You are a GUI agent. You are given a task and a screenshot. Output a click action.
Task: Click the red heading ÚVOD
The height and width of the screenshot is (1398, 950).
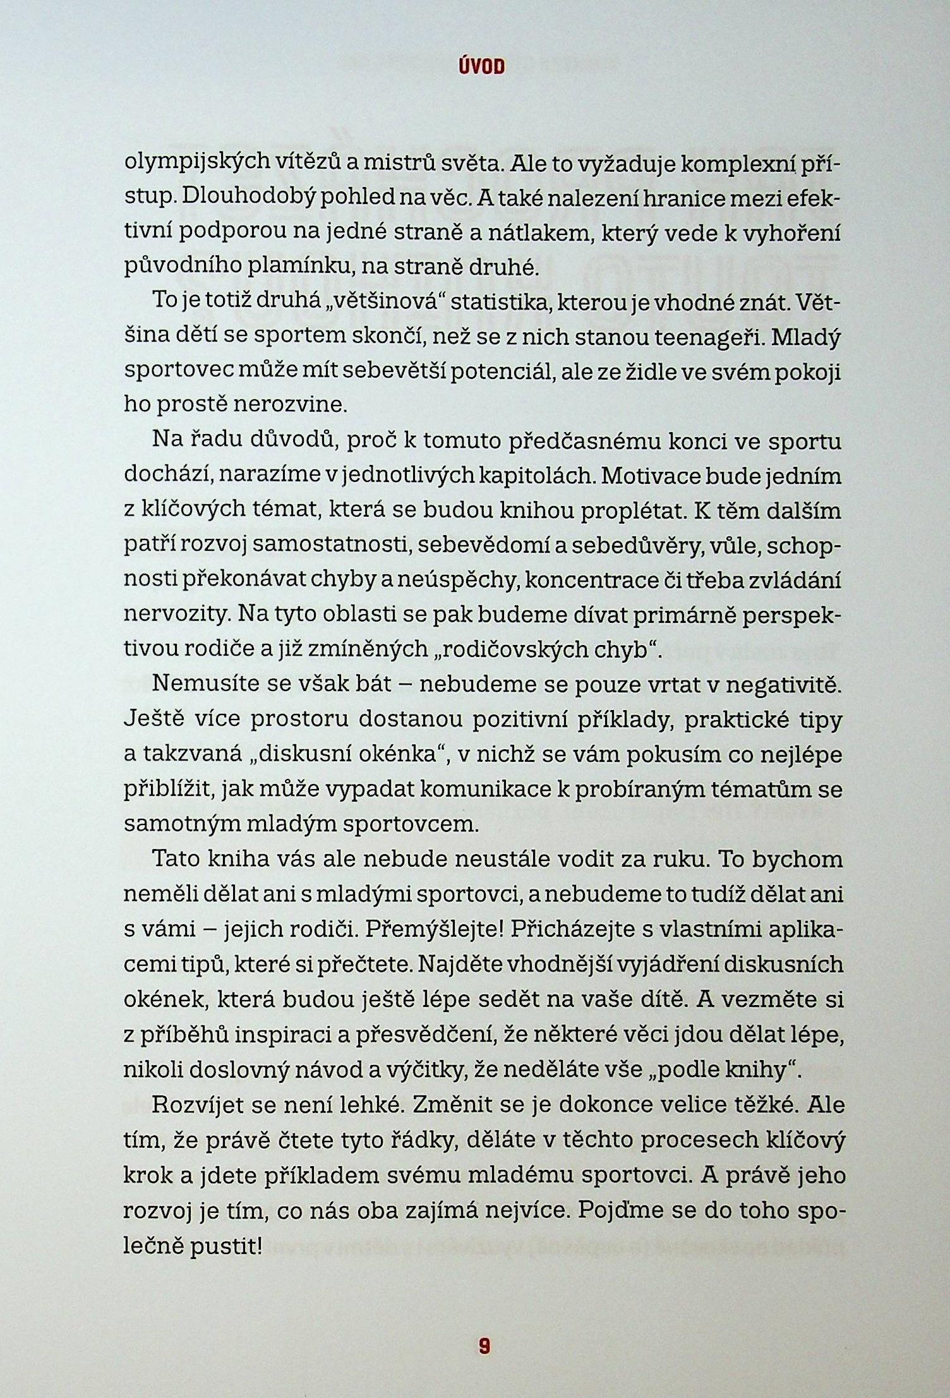(x=481, y=67)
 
